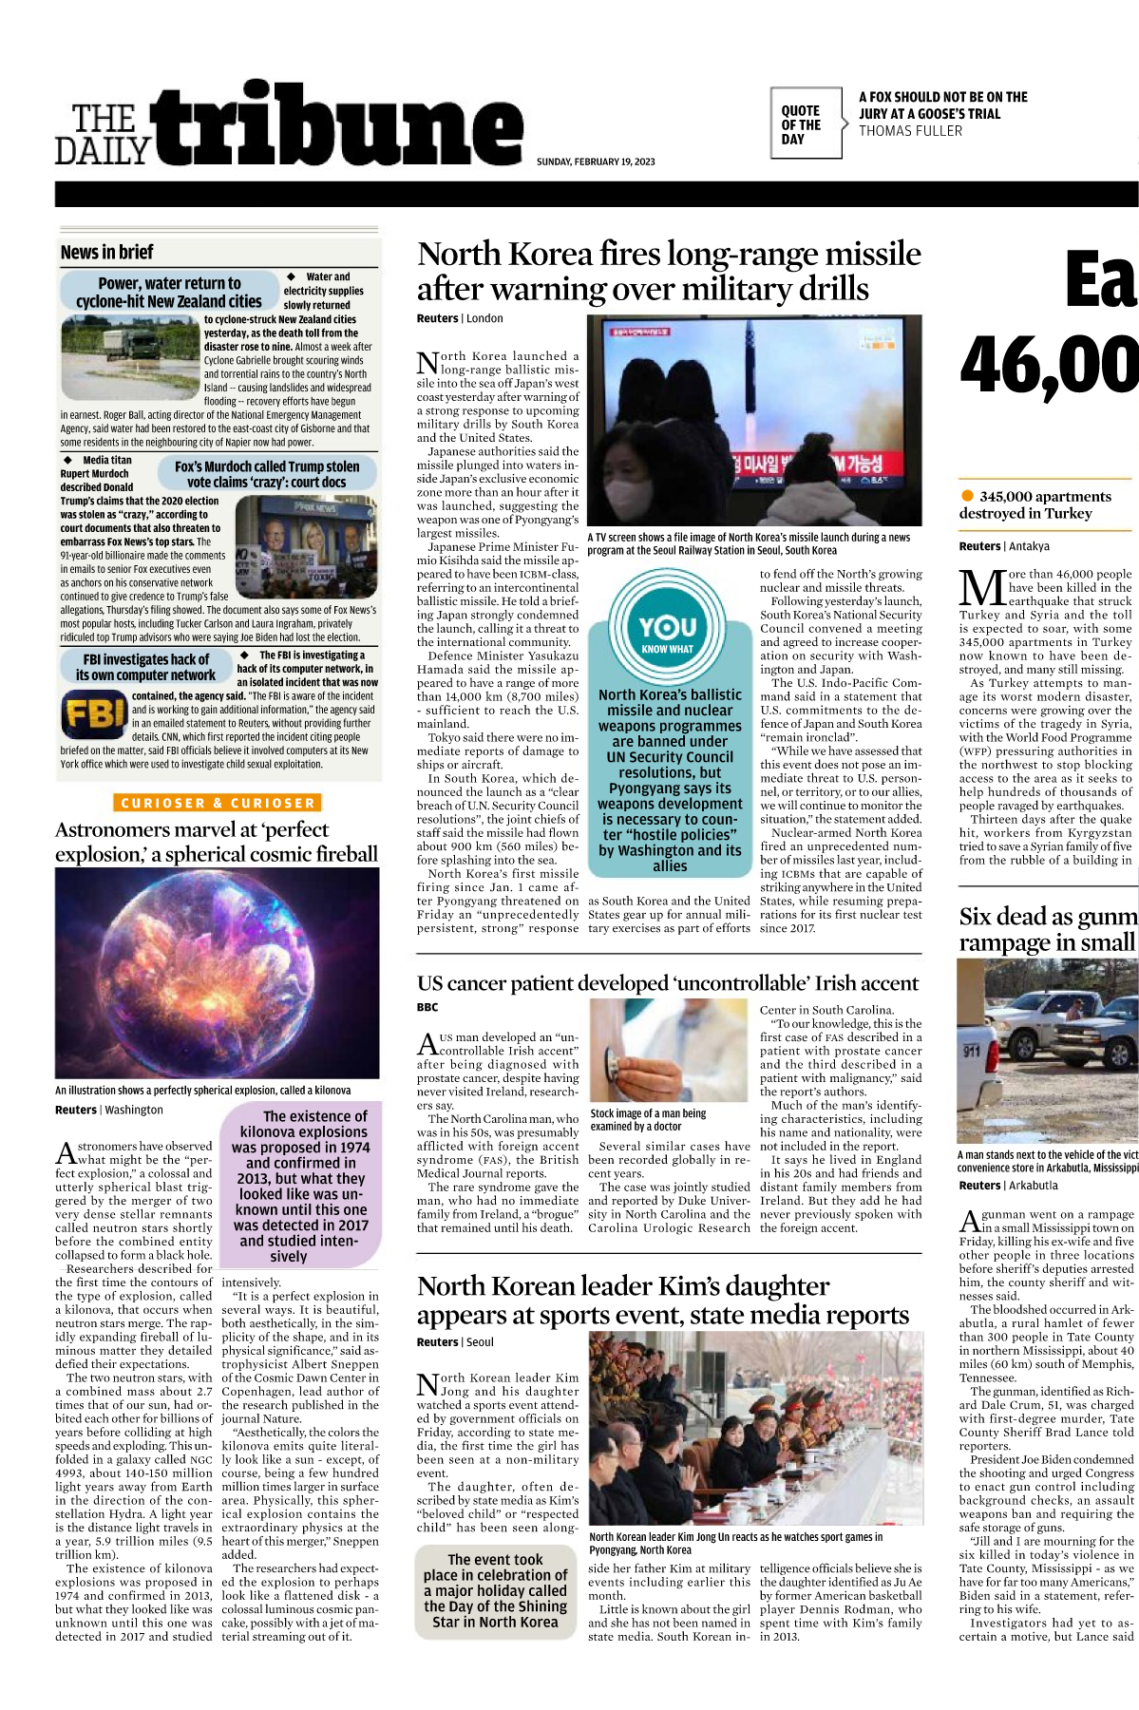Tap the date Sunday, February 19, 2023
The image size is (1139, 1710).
596,161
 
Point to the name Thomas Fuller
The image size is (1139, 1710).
910,131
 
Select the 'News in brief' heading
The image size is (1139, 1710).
106,253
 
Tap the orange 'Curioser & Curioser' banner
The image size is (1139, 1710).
218,803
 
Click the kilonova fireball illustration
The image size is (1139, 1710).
217,973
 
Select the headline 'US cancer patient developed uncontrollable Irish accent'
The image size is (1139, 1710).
667,983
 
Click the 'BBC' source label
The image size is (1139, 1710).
427,1007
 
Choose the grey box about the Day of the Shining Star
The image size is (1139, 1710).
495,1591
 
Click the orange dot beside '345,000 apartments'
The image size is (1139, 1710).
967,496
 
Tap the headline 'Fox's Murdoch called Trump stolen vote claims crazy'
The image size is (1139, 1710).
267,474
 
